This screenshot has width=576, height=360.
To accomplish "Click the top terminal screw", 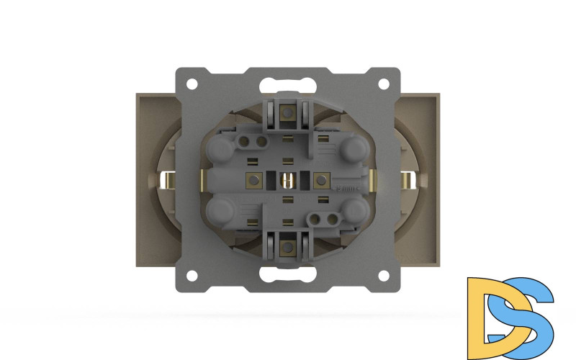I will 287,112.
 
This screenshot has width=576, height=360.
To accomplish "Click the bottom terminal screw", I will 287,247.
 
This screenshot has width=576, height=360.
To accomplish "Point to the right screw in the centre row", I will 322,179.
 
